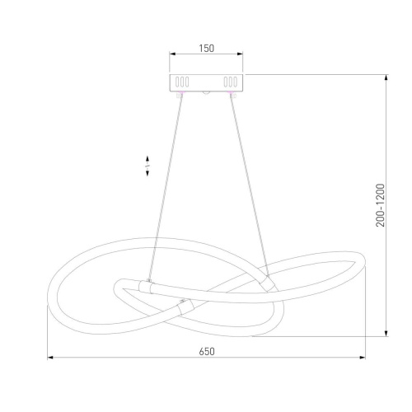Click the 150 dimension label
pyautogui.click(x=206, y=49)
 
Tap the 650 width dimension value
pyautogui.click(x=207, y=352)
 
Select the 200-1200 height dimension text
pyautogui.click(x=381, y=205)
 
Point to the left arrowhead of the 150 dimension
pyautogui.click(x=172, y=54)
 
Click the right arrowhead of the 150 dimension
pyautogui.click(x=240, y=54)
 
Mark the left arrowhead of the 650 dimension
pyautogui.click(x=50, y=358)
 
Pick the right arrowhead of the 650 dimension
pyautogui.click(x=363, y=358)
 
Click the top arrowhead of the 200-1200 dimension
pyautogui.click(x=386, y=77)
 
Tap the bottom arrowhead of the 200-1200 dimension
pyautogui.click(x=386, y=333)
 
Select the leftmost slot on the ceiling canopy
pyautogui.click(x=177, y=82)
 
